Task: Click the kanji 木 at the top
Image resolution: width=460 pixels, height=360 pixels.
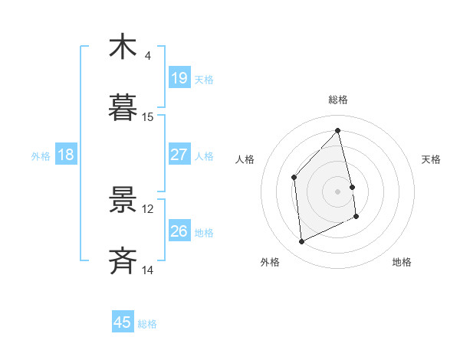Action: point(123,47)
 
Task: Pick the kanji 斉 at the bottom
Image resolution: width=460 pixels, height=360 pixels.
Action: point(123,261)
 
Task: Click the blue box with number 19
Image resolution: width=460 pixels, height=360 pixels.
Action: point(179,77)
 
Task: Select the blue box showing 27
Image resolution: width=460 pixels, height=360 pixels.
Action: point(179,154)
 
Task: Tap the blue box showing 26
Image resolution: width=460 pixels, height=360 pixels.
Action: point(179,231)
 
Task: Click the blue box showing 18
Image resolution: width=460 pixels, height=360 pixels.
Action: point(66,155)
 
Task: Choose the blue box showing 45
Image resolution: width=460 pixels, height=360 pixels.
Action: point(123,322)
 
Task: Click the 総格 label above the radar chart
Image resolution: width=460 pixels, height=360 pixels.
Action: point(338,100)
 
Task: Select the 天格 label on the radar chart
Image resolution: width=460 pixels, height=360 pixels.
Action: point(432,159)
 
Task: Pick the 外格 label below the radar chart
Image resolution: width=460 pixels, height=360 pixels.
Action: point(270,262)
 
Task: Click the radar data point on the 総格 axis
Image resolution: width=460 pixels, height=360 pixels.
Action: point(338,131)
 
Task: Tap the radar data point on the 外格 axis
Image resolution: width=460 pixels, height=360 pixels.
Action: point(302,242)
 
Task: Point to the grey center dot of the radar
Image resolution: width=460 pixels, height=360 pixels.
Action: point(338,191)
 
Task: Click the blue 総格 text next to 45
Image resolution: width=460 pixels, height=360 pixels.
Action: point(147,324)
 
